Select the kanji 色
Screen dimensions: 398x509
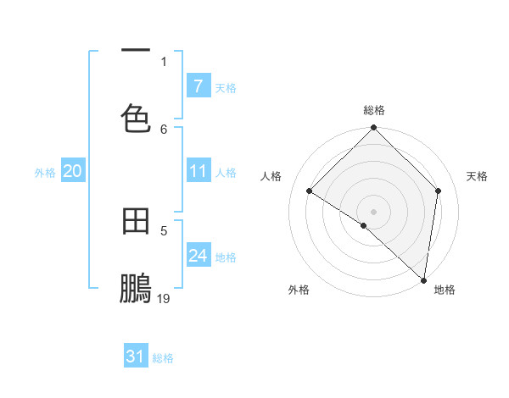(136, 118)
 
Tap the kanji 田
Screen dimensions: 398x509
(136, 220)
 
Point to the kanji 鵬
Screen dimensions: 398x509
(136, 289)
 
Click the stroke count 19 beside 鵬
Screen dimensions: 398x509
(164, 298)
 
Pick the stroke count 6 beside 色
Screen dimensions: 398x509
(164, 129)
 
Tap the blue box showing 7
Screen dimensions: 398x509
(198, 86)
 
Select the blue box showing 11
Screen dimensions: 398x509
(198, 171)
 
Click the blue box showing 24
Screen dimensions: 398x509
(198, 256)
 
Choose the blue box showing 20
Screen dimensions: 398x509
(72, 171)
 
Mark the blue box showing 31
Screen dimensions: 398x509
(136, 357)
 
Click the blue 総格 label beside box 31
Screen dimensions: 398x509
(163, 358)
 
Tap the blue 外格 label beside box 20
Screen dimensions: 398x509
(45, 172)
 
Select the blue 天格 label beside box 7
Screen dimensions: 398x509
(226, 87)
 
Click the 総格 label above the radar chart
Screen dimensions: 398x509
(374, 110)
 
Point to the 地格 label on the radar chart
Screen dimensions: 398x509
(445, 290)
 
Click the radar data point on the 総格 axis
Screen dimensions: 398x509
(374, 129)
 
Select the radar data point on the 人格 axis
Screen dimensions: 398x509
(310, 191)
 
